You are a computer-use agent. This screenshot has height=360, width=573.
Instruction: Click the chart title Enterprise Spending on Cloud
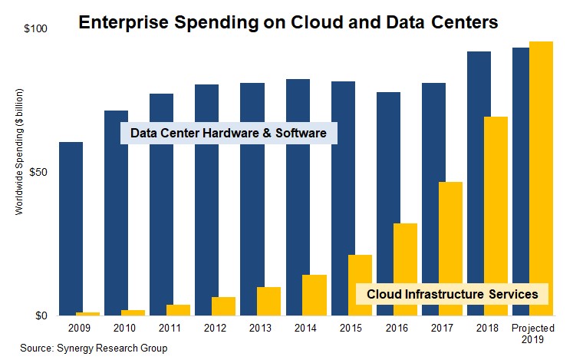(x=288, y=22)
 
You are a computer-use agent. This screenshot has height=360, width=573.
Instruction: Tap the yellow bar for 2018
(x=496, y=216)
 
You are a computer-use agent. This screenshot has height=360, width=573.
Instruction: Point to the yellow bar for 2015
(x=360, y=285)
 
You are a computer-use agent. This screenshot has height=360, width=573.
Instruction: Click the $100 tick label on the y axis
(x=37, y=29)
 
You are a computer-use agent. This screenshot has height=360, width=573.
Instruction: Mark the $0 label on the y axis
(x=41, y=315)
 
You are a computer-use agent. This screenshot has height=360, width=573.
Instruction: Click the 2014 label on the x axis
(x=305, y=329)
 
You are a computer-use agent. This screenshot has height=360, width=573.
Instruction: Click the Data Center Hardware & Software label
(x=229, y=134)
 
